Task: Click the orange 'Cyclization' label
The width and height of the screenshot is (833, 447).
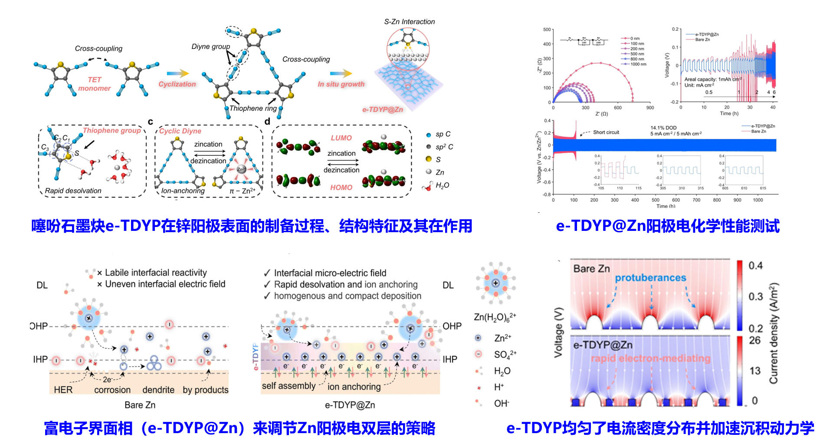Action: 177,84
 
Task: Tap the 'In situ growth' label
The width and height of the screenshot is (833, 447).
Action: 341,84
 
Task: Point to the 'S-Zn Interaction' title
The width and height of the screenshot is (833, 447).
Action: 409,22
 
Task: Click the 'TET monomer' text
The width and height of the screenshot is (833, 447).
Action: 94,84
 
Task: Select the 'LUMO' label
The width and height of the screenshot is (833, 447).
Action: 341,138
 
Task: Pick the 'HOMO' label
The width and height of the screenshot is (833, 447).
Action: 341,187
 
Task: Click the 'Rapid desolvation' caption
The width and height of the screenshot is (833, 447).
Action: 73,191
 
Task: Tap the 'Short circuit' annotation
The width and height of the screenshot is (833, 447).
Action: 606,132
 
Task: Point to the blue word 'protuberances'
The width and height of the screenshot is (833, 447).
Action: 650,278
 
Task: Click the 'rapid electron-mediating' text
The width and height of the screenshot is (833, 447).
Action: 650,358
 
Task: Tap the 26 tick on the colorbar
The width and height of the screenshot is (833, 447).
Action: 755,340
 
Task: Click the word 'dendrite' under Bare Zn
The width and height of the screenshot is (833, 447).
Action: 158,390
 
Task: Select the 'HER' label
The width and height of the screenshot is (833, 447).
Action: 63,390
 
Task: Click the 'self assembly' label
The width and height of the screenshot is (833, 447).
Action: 289,386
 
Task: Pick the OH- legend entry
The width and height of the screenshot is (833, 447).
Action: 501,404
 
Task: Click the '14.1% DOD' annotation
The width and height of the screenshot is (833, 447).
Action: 663,128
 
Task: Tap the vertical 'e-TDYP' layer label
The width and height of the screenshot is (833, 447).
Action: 256,357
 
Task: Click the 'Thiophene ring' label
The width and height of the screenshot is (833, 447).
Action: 253,108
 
